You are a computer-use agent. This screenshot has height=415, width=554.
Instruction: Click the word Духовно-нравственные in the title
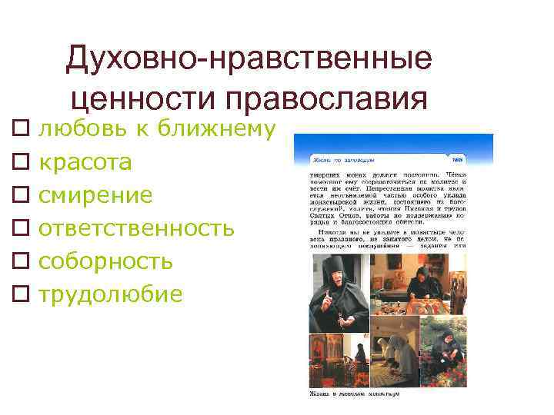tap(249, 59)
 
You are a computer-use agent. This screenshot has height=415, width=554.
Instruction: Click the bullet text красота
tap(85, 162)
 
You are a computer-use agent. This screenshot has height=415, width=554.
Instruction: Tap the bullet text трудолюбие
tap(111, 294)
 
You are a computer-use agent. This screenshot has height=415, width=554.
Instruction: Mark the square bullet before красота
tap(21, 163)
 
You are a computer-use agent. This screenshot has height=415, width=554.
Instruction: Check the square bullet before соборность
tap(21, 262)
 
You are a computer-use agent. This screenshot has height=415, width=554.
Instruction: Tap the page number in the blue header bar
tap(457, 159)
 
